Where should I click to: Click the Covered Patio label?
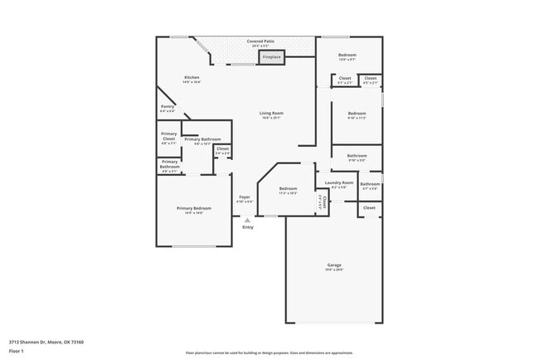pos(260,40)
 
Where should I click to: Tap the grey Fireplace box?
pos(272,57)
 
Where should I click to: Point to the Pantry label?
pos(167,107)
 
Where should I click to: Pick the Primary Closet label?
pos(168,137)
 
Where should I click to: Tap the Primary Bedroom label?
pos(193,208)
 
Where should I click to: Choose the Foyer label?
pos(245,197)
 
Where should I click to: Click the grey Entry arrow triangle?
pos(247,220)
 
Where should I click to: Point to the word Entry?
pos(247,227)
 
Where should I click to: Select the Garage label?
pos(333,265)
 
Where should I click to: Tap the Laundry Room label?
pos(339,182)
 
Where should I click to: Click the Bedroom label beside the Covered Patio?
pos(347,55)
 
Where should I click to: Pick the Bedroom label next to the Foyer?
pos(288,189)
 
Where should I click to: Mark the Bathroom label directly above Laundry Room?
pos(357,156)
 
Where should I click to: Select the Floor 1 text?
pos(17,350)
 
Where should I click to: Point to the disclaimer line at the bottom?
pos(269,352)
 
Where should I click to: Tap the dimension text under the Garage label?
pos(333,270)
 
